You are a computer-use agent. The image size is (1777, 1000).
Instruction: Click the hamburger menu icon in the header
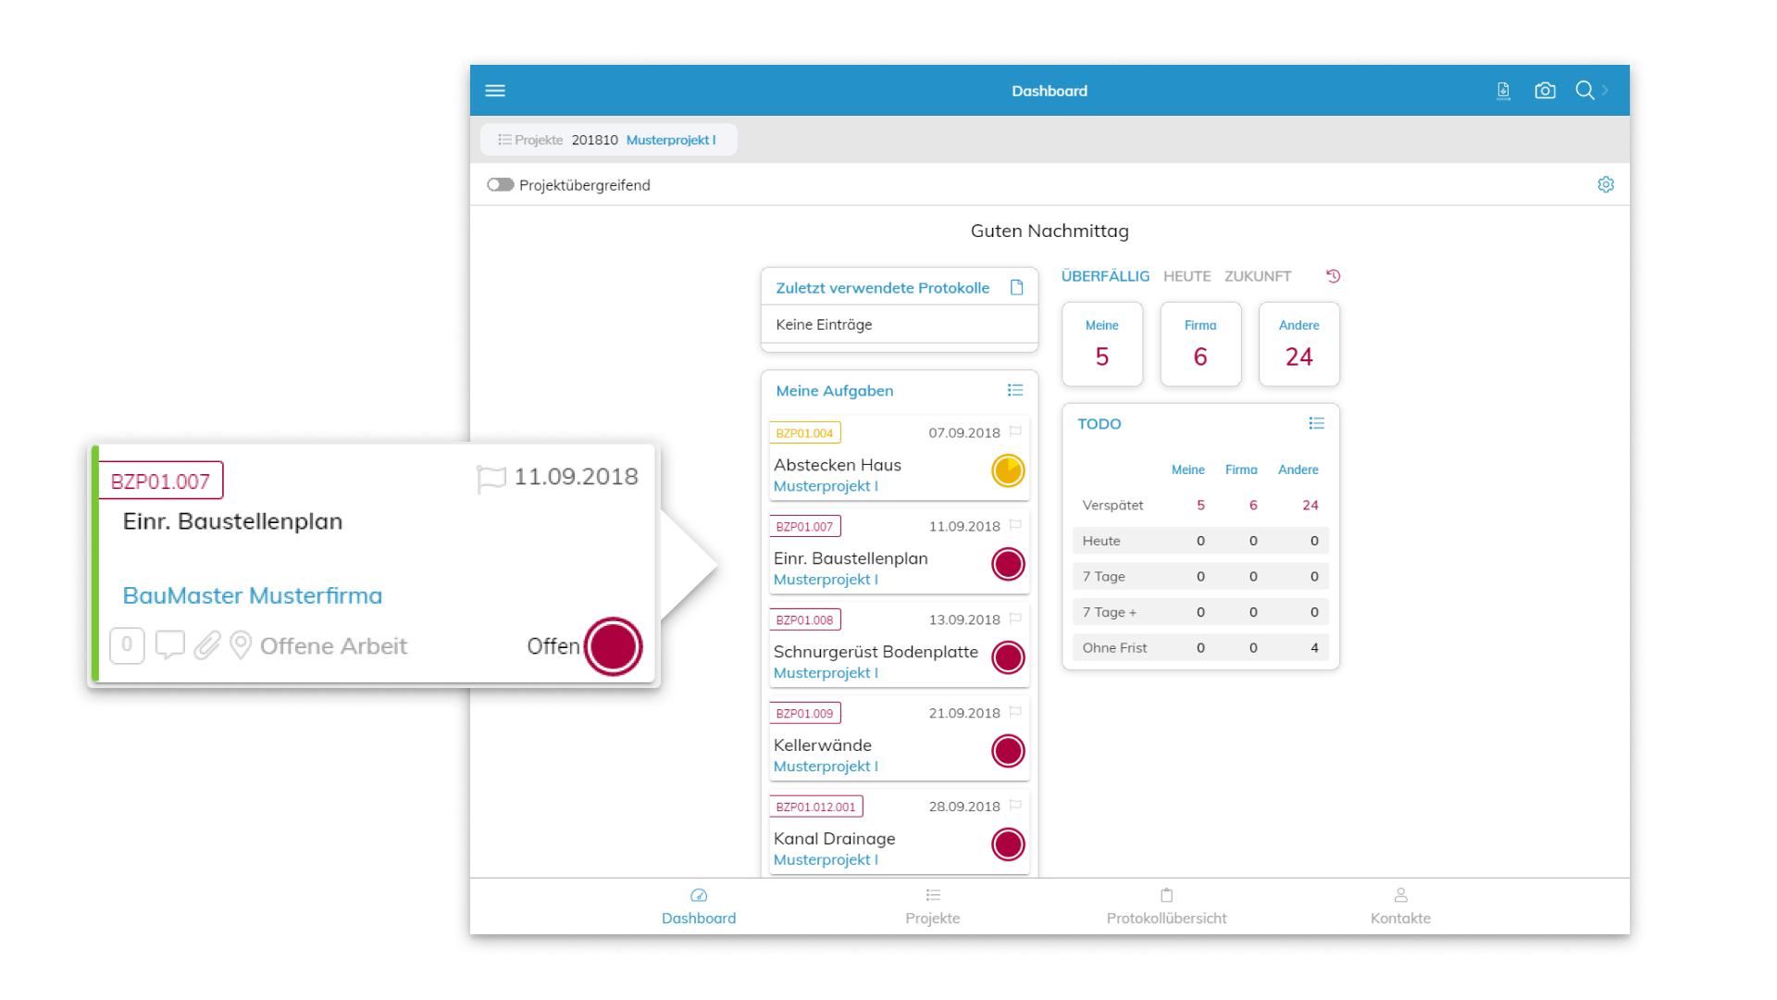pos(495,91)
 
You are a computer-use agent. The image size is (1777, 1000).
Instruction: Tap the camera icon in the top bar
pos(1545,91)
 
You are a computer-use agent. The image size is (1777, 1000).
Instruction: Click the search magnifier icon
pos(1584,90)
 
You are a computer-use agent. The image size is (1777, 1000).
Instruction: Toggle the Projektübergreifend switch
pos(501,185)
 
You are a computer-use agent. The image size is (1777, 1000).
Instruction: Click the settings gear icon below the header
pos(1606,185)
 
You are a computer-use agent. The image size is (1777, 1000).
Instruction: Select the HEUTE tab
pos(1187,276)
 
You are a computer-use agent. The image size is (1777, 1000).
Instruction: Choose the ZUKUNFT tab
pos(1257,276)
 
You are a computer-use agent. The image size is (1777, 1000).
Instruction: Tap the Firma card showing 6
pos(1200,344)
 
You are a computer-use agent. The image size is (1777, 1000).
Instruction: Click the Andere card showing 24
pos(1299,344)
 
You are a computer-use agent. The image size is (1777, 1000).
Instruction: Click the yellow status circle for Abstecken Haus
pos(1008,470)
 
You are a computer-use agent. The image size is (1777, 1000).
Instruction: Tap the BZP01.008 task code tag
pos(804,619)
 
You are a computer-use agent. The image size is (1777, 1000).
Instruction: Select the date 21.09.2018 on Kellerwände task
pos(964,713)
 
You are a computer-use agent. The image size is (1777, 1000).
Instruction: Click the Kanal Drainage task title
pos(834,839)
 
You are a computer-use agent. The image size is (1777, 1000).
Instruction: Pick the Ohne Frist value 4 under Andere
pos(1313,648)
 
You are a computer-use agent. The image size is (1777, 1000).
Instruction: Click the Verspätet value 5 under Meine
pos(1200,506)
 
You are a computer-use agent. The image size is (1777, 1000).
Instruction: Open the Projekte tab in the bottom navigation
pos(932,906)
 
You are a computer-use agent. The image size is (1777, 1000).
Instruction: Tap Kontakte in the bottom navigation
pos(1400,906)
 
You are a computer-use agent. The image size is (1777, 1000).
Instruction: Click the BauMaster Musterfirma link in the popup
pos(252,595)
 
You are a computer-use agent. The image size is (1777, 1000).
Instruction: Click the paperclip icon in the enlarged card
pos(207,645)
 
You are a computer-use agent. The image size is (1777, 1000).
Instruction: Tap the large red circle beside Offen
pos(613,646)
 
